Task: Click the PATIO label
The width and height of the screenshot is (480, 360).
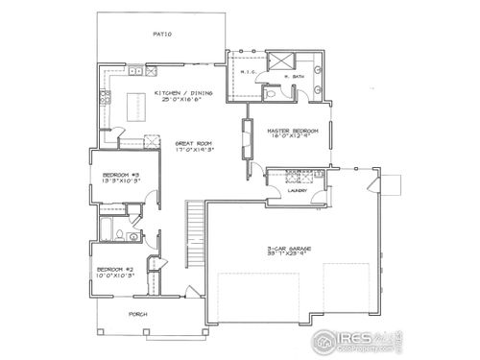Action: pos(161,35)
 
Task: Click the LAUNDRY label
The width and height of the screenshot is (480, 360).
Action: pos(297,191)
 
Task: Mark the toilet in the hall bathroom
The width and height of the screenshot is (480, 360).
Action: pos(112,231)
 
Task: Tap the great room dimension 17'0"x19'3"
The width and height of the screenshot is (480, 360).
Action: pos(192,151)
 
